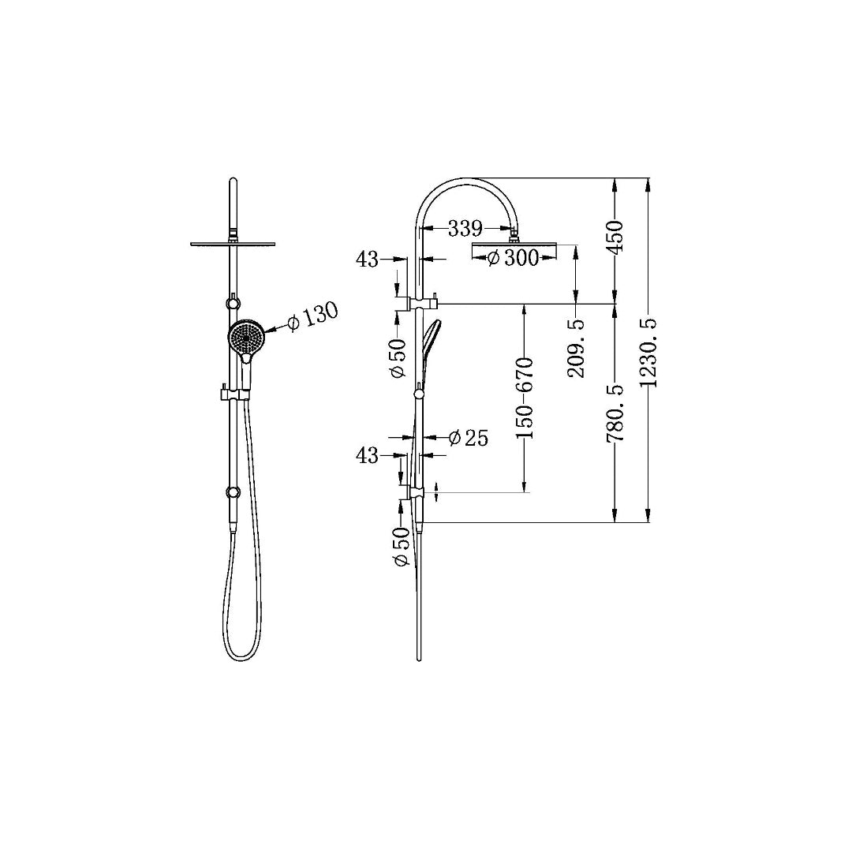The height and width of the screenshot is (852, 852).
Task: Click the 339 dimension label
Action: coord(465,229)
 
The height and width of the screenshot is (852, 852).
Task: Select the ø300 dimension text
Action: coord(513,258)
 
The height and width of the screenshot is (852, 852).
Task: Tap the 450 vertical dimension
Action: coord(616,237)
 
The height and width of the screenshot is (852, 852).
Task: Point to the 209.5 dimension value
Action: coord(577,348)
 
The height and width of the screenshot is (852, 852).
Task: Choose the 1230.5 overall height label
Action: coord(650,351)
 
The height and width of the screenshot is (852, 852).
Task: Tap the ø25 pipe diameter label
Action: coord(468,438)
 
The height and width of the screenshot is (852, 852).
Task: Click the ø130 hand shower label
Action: coord(313,316)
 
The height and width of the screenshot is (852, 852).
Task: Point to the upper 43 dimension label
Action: coord(368,259)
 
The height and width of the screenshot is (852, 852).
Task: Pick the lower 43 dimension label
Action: coord(368,455)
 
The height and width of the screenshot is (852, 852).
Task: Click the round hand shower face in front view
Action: coord(245,338)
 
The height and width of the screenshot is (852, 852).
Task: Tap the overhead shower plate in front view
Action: coord(234,244)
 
